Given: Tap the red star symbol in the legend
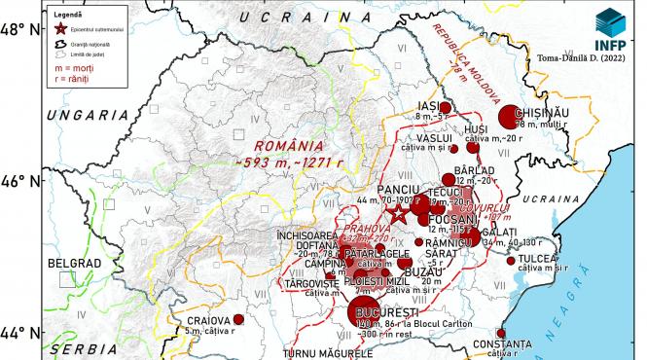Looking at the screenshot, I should coord(61,28).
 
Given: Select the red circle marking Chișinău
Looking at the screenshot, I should coord(507,117).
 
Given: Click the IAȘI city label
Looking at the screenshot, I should coord(429,106).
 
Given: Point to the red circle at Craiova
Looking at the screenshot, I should coord(238,319).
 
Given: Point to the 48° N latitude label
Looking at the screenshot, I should coord(20,29).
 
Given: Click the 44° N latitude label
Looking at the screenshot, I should coord(20,332).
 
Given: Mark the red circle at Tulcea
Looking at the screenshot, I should coord(511,260).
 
